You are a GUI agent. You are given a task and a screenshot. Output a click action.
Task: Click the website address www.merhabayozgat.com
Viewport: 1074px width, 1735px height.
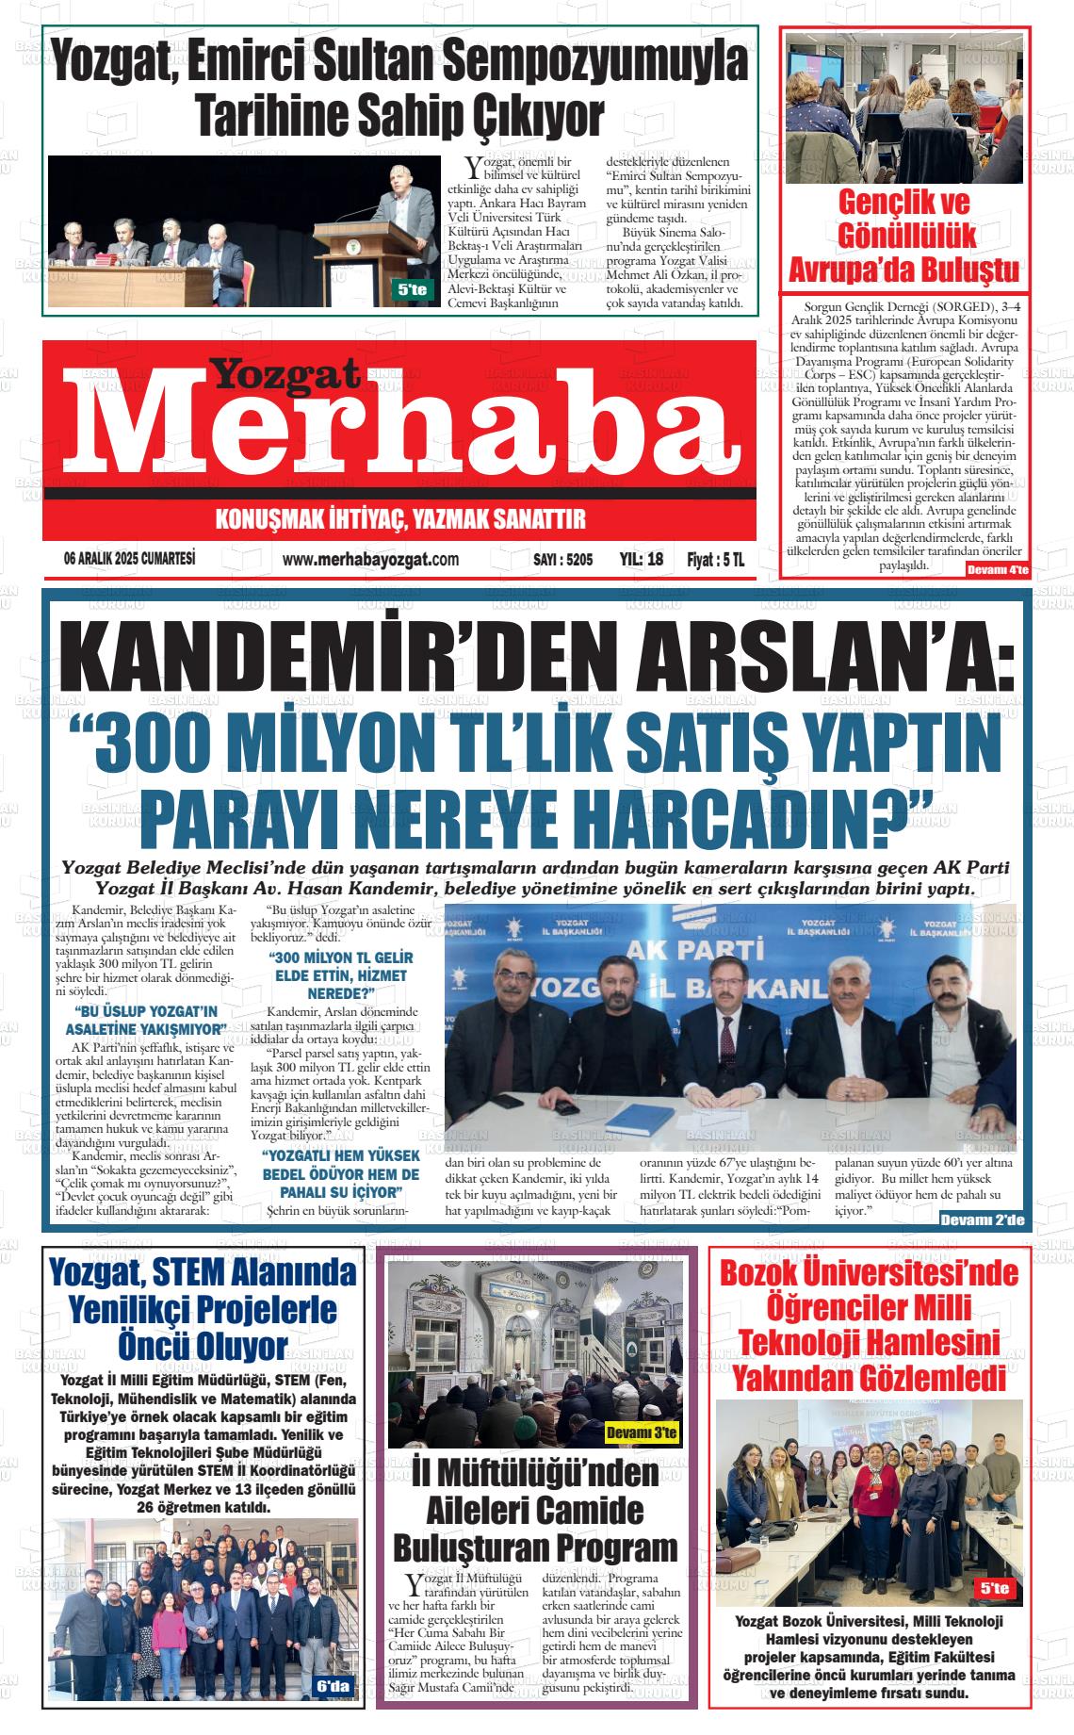tap(370, 559)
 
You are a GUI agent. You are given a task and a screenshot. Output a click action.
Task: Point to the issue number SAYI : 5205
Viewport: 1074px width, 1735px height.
tap(562, 559)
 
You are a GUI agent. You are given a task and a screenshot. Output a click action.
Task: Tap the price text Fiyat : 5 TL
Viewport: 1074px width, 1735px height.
tap(716, 559)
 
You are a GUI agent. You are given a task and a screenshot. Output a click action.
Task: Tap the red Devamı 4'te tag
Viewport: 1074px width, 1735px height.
tap(998, 570)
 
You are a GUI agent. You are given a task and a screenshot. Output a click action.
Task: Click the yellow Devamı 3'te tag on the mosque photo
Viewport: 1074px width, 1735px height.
tap(642, 1433)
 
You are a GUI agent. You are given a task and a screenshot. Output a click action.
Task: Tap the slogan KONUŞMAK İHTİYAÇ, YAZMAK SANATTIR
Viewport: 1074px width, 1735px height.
tap(401, 519)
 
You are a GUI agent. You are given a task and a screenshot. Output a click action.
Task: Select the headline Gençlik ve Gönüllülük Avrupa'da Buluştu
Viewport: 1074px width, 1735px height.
tap(903, 237)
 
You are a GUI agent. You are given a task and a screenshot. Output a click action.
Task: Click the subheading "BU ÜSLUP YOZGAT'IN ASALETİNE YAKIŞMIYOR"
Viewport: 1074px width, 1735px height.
tap(151, 1021)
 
